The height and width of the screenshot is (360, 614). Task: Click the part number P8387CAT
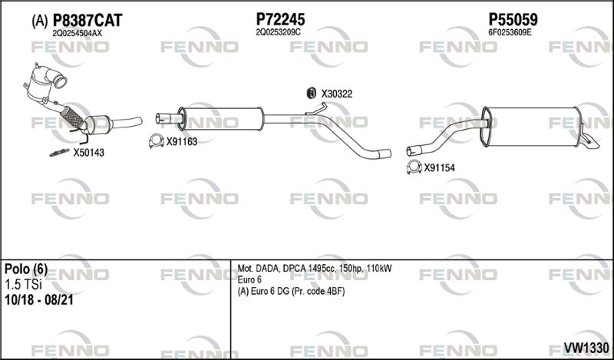tap(87, 21)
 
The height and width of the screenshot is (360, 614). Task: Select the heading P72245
tap(280, 19)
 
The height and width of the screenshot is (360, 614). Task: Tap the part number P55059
tap(513, 19)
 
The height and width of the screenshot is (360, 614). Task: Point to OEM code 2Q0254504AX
tap(77, 33)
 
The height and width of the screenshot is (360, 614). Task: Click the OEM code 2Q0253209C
tap(278, 32)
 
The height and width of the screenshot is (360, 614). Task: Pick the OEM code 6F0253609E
tap(510, 32)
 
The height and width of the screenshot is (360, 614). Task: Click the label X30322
tap(337, 94)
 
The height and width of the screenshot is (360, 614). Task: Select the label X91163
tap(182, 142)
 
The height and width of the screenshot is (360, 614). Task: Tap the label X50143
tap(89, 153)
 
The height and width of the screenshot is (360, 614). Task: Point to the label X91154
tap(439, 168)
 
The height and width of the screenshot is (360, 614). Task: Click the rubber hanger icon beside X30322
tap(311, 93)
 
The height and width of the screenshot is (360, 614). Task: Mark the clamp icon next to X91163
tap(157, 141)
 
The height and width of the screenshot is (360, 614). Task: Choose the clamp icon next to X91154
tap(414, 167)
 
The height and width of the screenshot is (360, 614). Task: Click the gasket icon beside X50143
tap(60, 153)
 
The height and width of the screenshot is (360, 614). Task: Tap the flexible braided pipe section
tap(72, 117)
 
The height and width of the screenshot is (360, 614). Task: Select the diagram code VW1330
tap(586, 348)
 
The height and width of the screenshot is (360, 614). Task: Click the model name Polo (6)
tap(26, 269)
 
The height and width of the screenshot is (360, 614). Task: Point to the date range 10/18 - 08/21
tap(39, 300)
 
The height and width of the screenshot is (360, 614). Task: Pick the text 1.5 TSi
tap(23, 285)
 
